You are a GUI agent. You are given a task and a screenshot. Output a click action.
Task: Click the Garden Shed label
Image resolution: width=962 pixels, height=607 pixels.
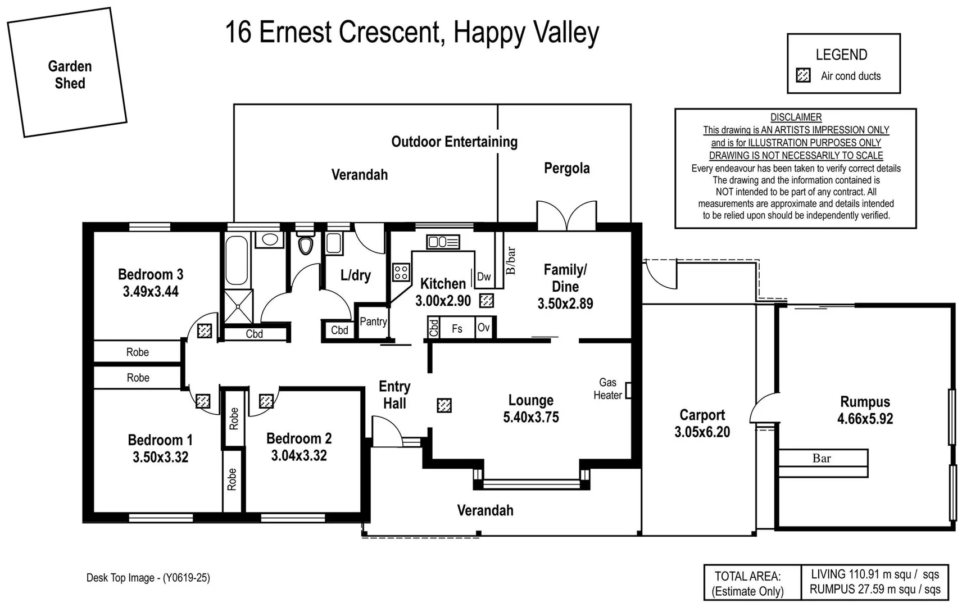pos(70,75)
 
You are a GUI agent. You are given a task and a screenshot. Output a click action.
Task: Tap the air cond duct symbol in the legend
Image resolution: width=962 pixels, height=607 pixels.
pos(804,75)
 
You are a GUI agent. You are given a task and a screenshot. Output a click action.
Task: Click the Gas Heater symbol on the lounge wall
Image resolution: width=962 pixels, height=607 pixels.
pos(628,391)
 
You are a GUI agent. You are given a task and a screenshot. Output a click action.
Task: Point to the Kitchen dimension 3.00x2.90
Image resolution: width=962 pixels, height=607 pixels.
pos(443,301)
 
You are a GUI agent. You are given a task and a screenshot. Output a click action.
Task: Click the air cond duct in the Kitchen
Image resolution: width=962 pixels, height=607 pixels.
pos(487,301)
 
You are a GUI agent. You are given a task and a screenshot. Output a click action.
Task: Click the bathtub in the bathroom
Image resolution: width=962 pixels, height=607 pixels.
pos(236,260)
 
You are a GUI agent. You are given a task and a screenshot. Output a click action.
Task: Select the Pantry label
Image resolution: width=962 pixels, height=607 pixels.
pos(373,321)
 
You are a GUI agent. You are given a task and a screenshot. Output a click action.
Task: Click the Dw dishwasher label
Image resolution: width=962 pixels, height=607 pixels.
pos(484,277)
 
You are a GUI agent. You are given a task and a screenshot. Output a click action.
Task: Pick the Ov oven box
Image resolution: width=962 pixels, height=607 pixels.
pos(484,328)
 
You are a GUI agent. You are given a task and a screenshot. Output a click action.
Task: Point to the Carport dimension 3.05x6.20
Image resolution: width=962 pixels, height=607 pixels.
pos(702,432)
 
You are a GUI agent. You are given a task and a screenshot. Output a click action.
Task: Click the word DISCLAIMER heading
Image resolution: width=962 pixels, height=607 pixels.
pos(796,117)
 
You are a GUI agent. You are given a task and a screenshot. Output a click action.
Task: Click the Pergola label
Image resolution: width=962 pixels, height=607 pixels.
pos(566,168)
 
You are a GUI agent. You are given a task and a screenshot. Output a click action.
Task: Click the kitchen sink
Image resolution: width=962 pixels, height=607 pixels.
pos(443,242)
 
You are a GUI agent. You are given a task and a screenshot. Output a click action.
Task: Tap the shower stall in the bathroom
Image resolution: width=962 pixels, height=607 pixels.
pos(238,306)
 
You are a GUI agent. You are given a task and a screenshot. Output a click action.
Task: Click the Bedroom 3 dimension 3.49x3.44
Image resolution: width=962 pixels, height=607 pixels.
pos(151,292)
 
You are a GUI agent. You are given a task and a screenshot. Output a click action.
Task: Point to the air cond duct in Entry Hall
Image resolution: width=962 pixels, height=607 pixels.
pos(444,405)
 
